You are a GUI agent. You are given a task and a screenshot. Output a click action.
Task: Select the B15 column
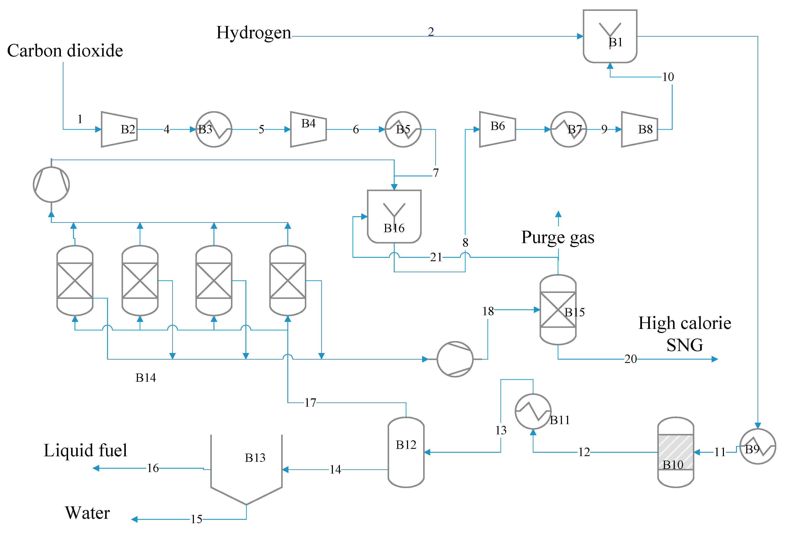point(558,309)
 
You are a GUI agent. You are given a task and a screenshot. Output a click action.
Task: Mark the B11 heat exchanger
point(533,411)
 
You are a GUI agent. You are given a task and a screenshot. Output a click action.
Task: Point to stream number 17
point(310,402)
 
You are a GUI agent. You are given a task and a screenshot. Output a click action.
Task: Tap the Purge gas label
point(557,237)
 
